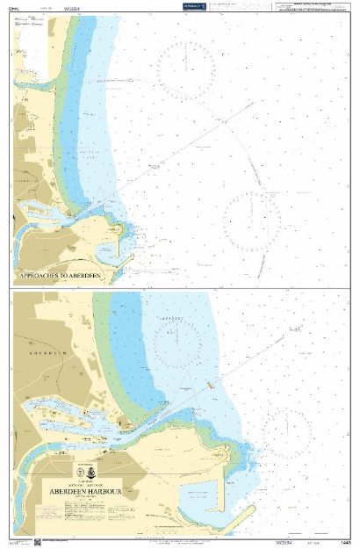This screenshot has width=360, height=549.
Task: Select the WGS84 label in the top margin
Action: tap(74, 9)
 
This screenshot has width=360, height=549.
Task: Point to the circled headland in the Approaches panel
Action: tap(118, 231)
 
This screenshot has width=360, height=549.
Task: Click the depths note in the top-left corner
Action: tap(12, 9)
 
